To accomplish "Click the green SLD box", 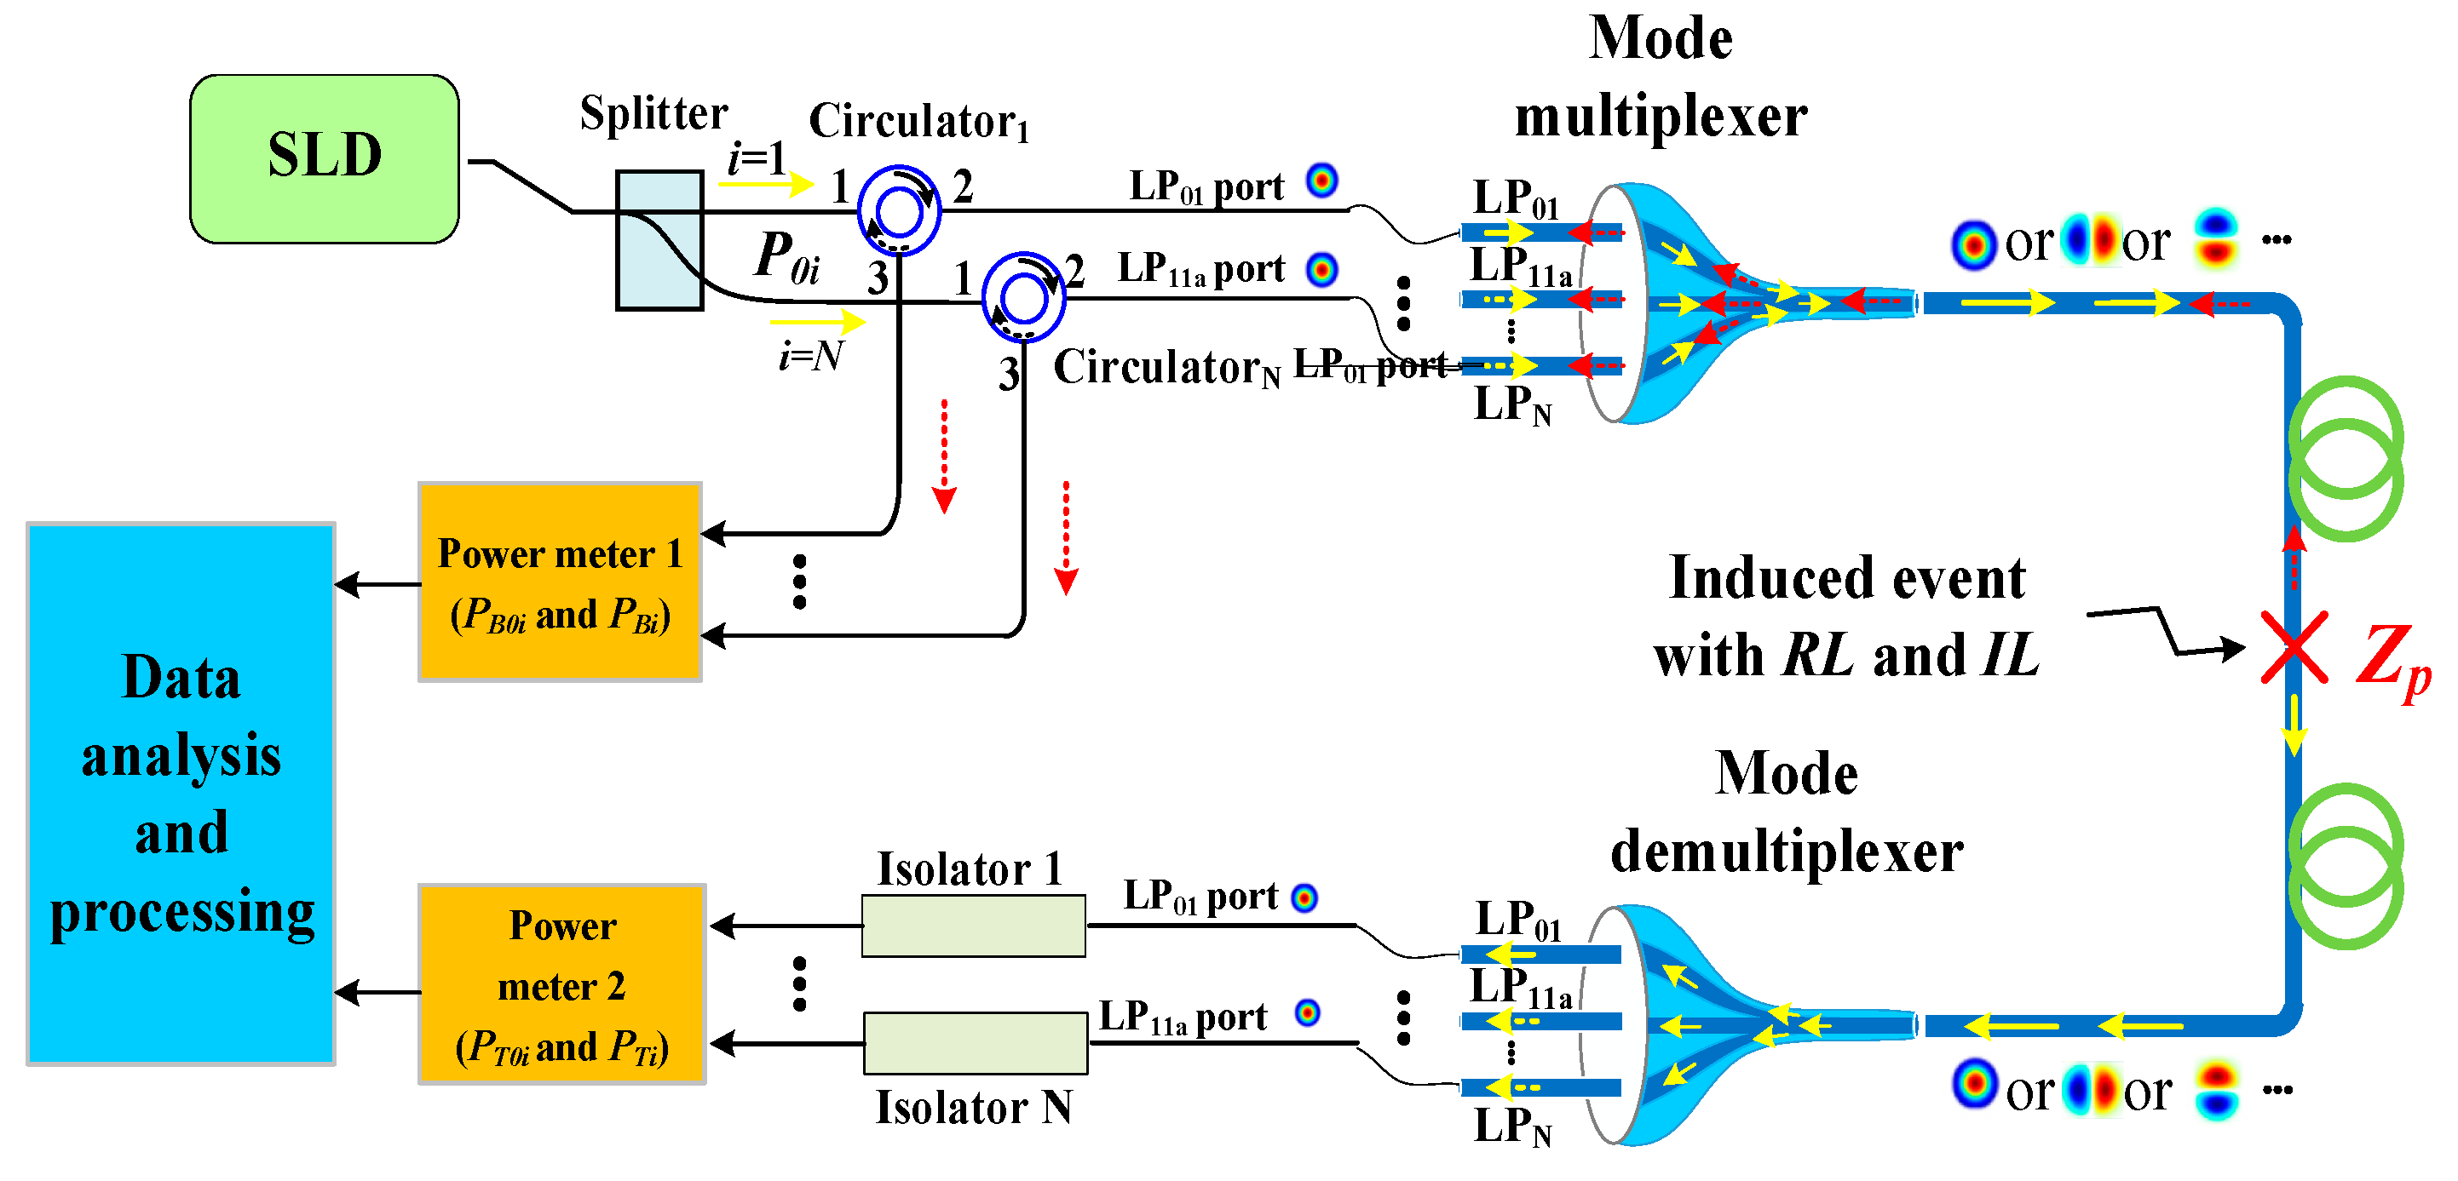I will pyautogui.click(x=325, y=158).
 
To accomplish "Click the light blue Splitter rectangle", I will pyautogui.click(x=659, y=240).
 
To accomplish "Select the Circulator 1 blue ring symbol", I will pyautogui.click(x=898, y=211).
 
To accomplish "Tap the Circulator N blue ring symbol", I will pyautogui.click(x=1024, y=298).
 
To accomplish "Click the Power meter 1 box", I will pyautogui.click(x=560, y=582).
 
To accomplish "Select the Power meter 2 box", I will pyautogui.click(x=562, y=983).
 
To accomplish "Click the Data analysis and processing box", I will pyautogui.click(x=181, y=794).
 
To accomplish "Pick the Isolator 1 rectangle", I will pyautogui.click(x=973, y=926).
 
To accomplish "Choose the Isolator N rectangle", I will pyautogui.click(x=976, y=1043).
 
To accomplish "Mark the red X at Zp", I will pyautogui.click(x=2294, y=648).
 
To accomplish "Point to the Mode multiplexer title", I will pyautogui.click(x=1661, y=78).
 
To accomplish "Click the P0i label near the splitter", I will pyautogui.click(x=786, y=257).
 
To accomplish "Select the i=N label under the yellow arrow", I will pyautogui.click(x=810, y=356).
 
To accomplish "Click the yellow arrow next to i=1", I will pyautogui.click(x=765, y=183).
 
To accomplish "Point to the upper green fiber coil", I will pyautogui.click(x=2346, y=458).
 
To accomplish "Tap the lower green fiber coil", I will pyautogui.click(x=2346, y=865).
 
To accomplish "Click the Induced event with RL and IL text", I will pyautogui.click(x=1846, y=616).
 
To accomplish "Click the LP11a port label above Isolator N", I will pyautogui.click(x=1183, y=1018).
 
